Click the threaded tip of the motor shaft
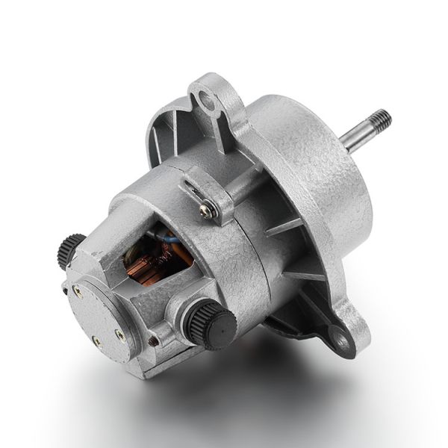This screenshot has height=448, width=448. [381, 119]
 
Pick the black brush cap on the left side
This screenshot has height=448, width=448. [71, 250]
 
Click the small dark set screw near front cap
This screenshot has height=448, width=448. [154, 340]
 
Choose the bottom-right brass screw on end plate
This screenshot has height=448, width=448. [119, 336]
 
